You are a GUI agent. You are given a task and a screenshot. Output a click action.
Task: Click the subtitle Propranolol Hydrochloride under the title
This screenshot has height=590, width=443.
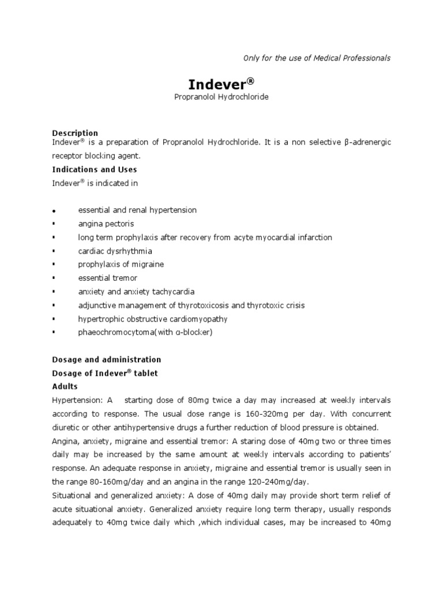[x=221, y=97]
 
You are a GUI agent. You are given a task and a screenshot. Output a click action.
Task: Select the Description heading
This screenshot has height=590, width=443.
[x=75, y=133]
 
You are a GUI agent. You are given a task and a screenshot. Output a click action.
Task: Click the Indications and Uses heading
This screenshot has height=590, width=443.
[x=95, y=170]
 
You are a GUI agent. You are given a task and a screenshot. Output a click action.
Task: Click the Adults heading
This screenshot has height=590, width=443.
[x=65, y=386]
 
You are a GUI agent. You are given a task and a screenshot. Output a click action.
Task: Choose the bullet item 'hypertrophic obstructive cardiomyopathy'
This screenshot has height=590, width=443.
[x=153, y=319]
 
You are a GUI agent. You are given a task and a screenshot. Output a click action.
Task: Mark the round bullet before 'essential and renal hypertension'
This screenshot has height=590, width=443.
[x=54, y=211]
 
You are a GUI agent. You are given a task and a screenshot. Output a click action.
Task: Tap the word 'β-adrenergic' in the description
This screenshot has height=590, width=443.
[x=367, y=142]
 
